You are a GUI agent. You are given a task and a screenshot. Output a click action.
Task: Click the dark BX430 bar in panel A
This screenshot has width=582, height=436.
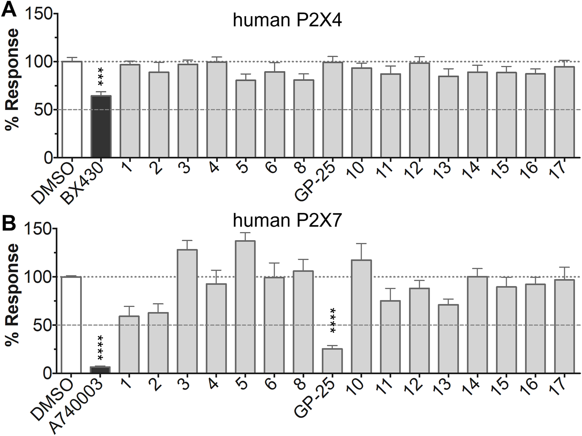(101, 127)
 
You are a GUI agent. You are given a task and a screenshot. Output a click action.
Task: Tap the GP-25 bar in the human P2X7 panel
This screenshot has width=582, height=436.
(332, 361)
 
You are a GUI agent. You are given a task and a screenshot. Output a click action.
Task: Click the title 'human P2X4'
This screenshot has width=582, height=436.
(287, 20)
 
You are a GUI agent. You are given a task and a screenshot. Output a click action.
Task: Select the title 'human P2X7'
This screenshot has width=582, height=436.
(287, 221)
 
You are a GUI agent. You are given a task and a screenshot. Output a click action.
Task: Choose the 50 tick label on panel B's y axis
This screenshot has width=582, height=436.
(43, 325)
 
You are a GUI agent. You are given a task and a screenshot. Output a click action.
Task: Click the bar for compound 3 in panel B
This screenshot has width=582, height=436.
(187, 311)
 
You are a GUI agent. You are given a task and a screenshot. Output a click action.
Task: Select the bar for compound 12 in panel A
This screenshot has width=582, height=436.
(419, 110)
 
